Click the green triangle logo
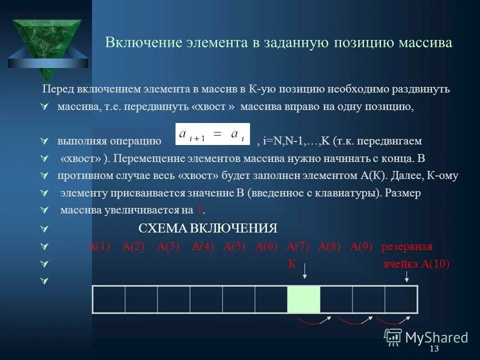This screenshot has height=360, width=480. pyautogui.click(x=46, y=42)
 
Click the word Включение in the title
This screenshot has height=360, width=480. pyautogui.click(x=135, y=42)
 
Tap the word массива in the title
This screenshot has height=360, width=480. pyautogui.click(x=425, y=42)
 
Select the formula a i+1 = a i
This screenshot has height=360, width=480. pyautogui.click(x=212, y=134)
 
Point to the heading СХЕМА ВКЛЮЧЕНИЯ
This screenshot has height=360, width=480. pyautogui.click(x=207, y=228)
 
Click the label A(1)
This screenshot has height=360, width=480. pyautogui.click(x=98, y=246)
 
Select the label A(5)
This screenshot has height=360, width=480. pyautogui.click(x=234, y=246)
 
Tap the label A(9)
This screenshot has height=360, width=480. pyautogui.click(x=361, y=246)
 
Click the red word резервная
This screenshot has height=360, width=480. pyautogui.click(x=406, y=247)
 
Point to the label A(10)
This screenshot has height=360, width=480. pyautogui.click(x=435, y=264)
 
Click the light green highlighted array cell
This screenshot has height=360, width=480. pyautogui.click(x=303, y=300)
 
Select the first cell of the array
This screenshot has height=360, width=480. pyautogui.click(x=109, y=300)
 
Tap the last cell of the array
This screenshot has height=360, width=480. pyautogui.click(x=401, y=300)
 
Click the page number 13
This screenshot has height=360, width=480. pyautogui.click(x=433, y=348)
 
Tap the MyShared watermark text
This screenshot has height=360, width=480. pyautogui.click(x=436, y=337)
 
